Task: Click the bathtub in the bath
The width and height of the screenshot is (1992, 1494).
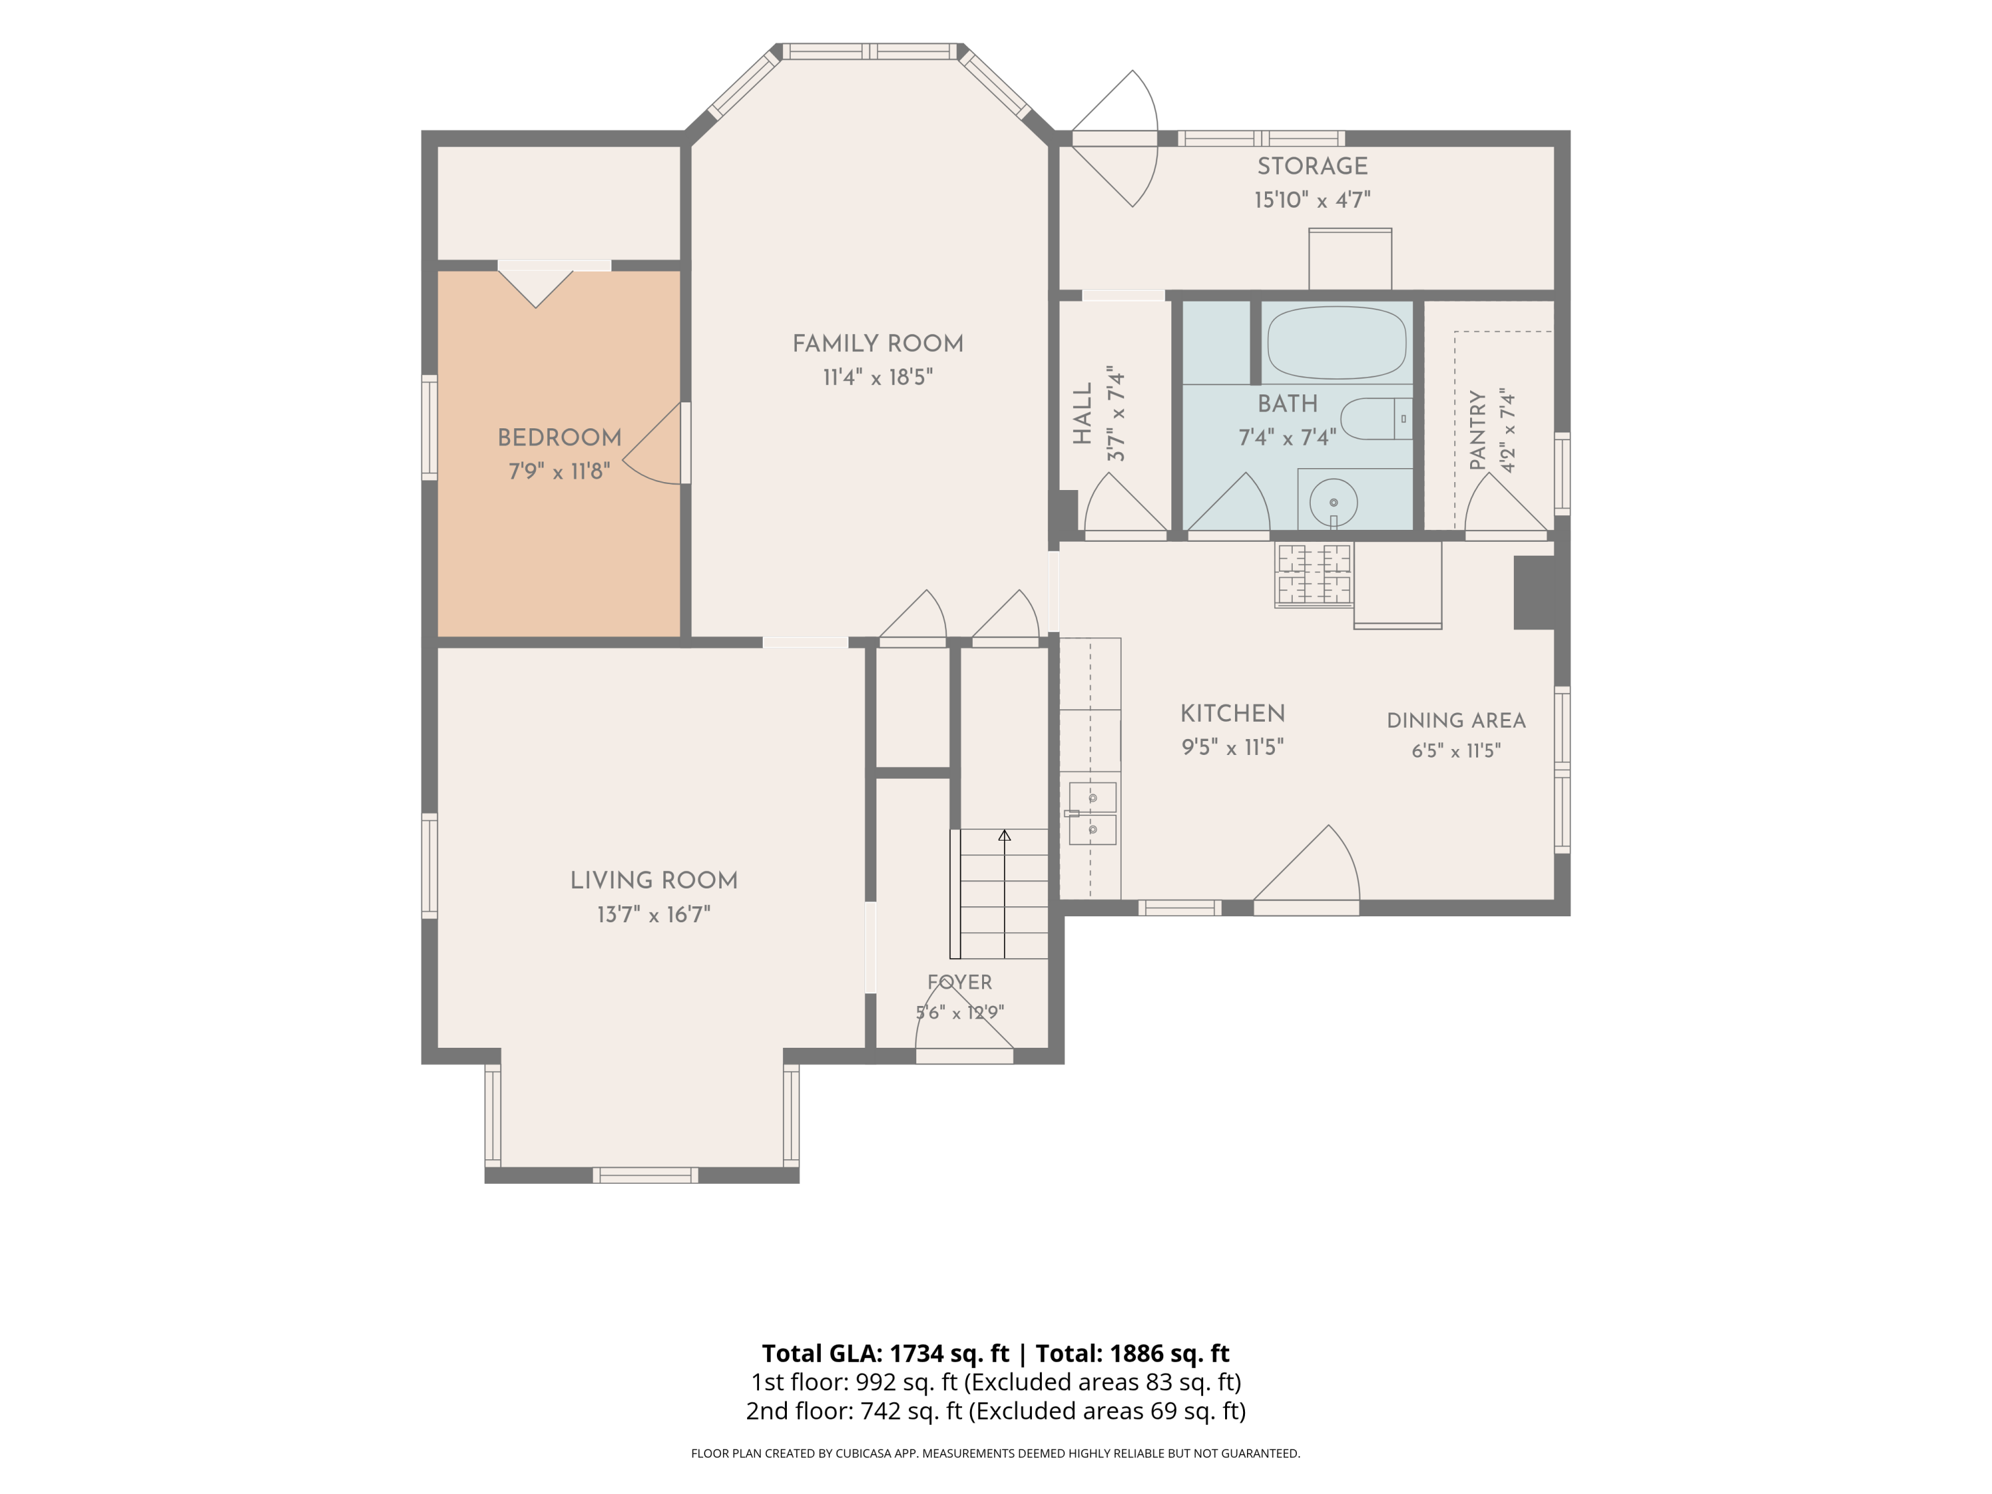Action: [1337, 342]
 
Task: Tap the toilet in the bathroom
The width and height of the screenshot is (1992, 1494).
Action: [1376, 419]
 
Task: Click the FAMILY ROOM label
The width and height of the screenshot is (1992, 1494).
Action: [878, 343]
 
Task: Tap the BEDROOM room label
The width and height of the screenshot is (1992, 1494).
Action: [559, 438]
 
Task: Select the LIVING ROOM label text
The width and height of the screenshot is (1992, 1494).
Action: [654, 880]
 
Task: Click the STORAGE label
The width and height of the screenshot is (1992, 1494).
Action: [1312, 166]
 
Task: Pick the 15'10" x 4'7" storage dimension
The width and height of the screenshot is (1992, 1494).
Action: [1312, 199]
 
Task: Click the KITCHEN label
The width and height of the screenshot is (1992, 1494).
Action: [1233, 713]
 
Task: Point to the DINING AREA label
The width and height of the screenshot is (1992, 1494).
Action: [1456, 720]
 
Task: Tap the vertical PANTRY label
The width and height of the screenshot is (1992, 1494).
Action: [1477, 430]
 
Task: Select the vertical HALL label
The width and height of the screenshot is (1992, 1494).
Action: [1082, 414]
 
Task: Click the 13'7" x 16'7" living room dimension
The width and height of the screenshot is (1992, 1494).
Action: [654, 914]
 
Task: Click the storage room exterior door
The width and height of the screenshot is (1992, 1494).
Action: [1115, 139]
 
